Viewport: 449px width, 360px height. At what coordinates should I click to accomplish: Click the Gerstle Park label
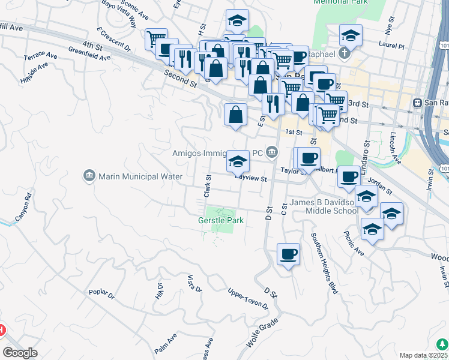[221, 221]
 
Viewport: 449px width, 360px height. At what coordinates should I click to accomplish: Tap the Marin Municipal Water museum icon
[89, 176]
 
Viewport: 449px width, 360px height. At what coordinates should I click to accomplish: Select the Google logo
[20, 353]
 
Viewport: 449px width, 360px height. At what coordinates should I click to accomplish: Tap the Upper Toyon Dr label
[247, 299]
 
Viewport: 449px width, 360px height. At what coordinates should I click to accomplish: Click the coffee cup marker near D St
[288, 255]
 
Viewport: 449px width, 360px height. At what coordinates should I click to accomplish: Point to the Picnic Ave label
[354, 242]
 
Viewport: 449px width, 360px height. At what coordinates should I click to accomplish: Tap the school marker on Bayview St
[238, 161]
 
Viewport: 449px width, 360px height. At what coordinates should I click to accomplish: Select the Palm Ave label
[164, 343]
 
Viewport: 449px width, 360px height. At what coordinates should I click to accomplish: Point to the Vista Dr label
[194, 284]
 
